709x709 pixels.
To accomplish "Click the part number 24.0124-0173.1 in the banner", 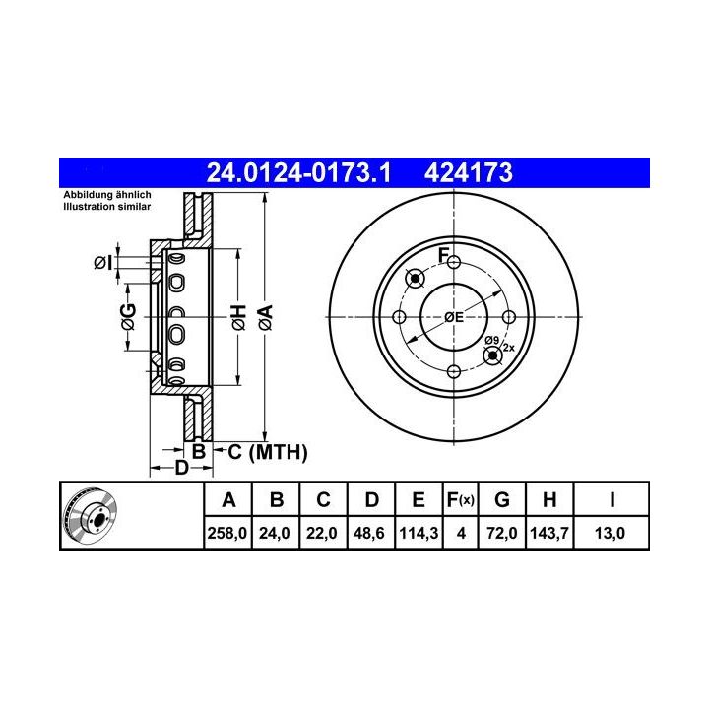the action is point(298,172).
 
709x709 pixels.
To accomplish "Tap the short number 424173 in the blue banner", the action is point(469,172).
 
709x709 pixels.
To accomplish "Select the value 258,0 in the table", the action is point(227,533).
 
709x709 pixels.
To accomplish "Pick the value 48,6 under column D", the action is point(369,533).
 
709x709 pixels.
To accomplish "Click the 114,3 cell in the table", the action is point(419,533).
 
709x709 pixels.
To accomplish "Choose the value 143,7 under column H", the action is point(549,533).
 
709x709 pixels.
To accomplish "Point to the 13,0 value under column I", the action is point(610,533).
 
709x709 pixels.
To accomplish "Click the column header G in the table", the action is point(502,500).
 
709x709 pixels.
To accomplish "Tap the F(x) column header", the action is point(460,500).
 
